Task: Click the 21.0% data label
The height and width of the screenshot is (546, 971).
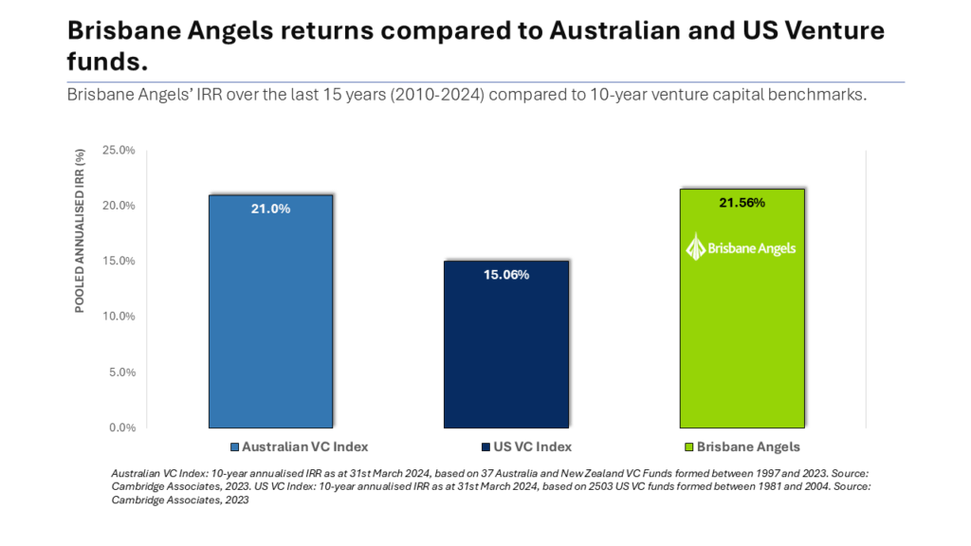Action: pyautogui.click(x=270, y=209)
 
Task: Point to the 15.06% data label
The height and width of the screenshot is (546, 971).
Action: pyautogui.click(x=505, y=275)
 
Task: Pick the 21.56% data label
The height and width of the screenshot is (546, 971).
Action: pyautogui.click(x=742, y=203)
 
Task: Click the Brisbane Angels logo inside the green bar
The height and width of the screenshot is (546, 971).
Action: pyautogui.click(x=742, y=247)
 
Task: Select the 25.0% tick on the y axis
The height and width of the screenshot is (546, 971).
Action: pyautogui.click(x=119, y=151)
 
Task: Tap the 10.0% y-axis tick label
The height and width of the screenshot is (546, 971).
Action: pyautogui.click(x=119, y=317)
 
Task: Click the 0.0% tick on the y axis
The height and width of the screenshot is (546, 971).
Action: pyautogui.click(x=122, y=428)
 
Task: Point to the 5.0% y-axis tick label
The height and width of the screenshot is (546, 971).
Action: pyautogui.click(x=122, y=373)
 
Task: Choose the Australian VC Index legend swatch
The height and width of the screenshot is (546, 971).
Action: pyautogui.click(x=234, y=446)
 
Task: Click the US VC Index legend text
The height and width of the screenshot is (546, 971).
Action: pyautogui.click(x=531, y=446)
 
